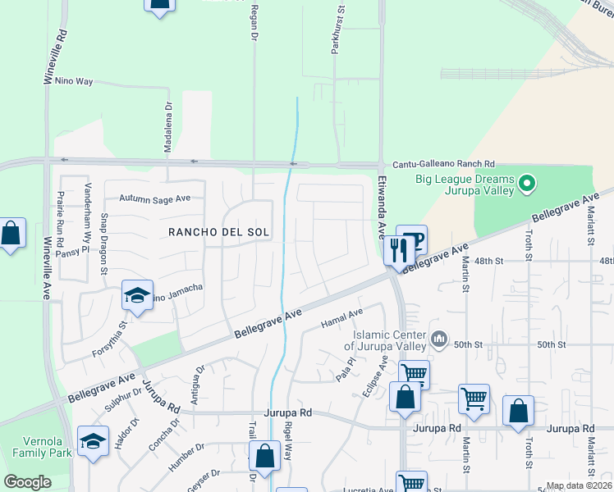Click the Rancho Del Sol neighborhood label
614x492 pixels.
coord(218,232)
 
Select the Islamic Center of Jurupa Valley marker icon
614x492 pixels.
coord(439,338)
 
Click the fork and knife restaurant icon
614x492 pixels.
coord(398,250)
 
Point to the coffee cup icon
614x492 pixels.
coord(415,239)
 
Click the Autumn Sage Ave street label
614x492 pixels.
coord(154,198)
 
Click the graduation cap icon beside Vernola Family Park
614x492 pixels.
coord(93,443)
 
